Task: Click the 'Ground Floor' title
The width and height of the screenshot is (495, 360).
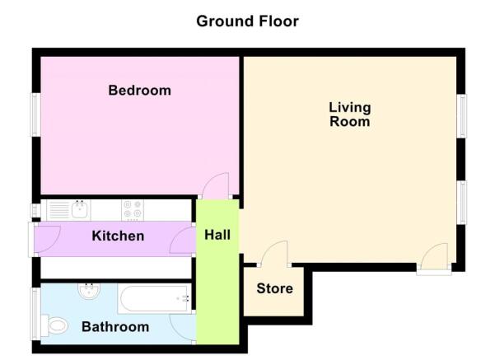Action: click(247, 21)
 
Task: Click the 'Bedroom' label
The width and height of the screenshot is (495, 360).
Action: click(140, 90)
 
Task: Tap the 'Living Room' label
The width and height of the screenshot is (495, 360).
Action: click(349, 115)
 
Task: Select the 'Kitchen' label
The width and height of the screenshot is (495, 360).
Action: click(118, 236)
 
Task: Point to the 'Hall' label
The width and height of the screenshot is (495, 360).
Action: click(217, 236)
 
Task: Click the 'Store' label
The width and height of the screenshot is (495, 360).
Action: click(274, 289)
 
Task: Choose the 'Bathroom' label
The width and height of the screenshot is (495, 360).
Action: click(115, 327)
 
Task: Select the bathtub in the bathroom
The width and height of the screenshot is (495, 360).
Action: click(155, 298)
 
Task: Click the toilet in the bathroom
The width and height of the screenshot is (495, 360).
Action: click(56, 327)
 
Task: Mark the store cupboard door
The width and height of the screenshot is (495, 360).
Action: click(274, 254)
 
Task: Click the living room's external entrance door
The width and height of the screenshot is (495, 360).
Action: click(432, 257)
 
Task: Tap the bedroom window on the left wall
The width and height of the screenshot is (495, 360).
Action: click(35, 113)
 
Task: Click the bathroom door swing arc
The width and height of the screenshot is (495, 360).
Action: click(183, 326)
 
